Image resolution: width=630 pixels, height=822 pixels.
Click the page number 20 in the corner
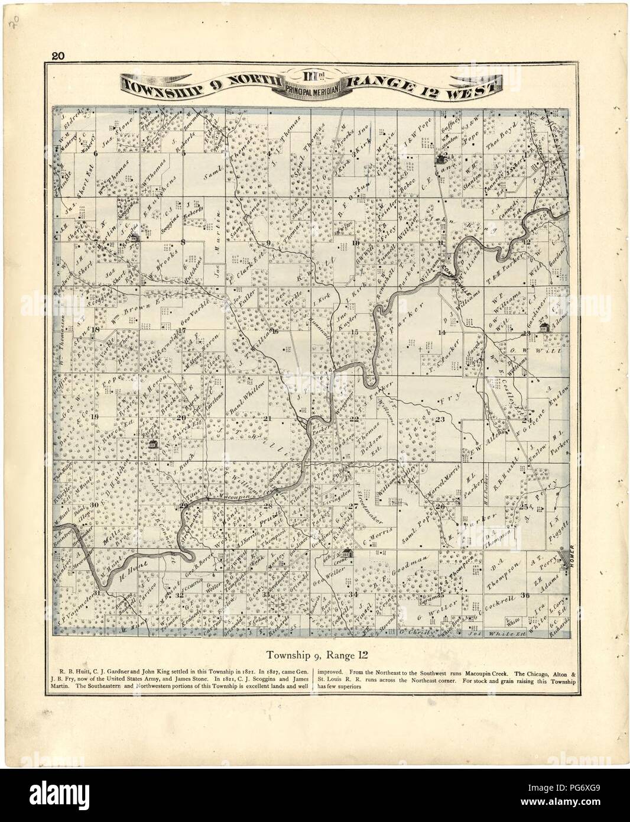coord(58,57)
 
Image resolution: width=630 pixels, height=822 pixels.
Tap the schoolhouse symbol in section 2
coord(441,158)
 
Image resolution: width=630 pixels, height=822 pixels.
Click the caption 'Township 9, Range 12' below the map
coord(315,655)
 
